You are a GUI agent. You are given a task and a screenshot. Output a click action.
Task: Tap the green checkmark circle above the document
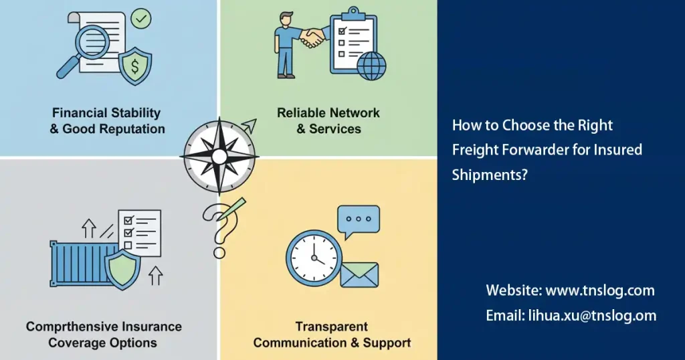pos(141,18)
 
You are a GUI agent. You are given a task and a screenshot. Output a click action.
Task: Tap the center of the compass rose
pos(219,157)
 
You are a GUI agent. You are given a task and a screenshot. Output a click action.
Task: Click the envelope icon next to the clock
pos(359,275)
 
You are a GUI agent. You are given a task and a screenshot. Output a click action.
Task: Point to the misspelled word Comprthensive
pos(74,327)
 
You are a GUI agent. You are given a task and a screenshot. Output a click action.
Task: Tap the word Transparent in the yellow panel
pos(332,327)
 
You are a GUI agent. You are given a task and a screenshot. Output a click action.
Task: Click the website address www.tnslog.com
pos(600,290)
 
